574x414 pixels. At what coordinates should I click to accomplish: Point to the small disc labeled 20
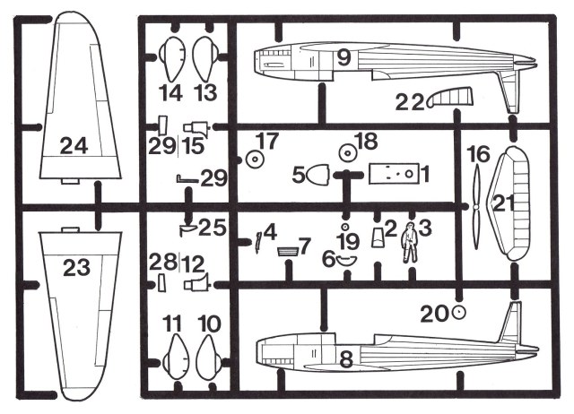click(x=459, y=312)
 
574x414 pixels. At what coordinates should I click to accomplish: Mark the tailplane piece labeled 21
click(x=517, y=204)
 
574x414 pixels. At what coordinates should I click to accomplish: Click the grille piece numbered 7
click(x=289, y=250)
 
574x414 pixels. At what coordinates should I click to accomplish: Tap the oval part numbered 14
click(x=170, y=60)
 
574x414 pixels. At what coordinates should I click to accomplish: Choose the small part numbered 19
click(x=345, y=228)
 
